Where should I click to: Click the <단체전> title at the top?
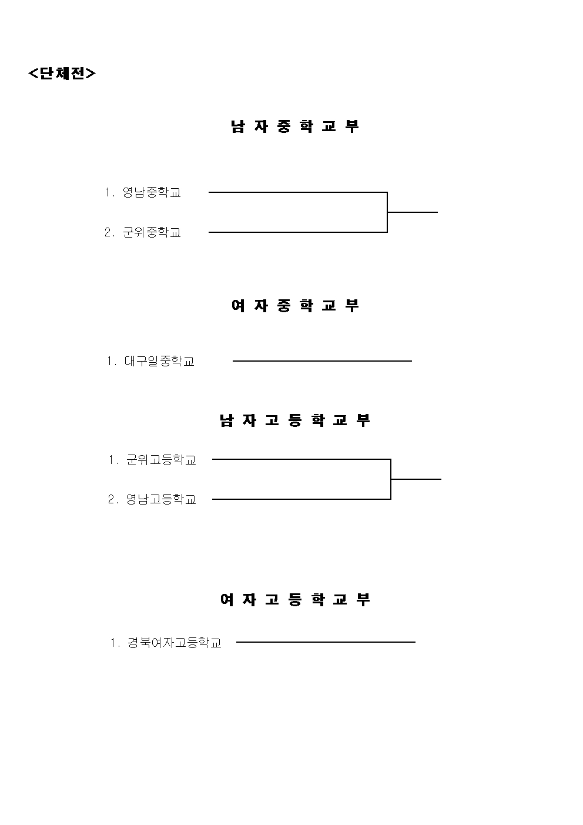pyautogui.click(x=62, y=74)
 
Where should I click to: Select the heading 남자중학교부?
pyautogui.click(x=295, y=126)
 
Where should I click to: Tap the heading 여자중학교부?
pyautogui.click(x=295, y=305)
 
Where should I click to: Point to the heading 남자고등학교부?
pyautogui.click(x=295, y=420)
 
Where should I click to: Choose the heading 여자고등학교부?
pyautogui.click(x=295, y=600)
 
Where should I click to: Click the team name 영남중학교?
pyautogui.click(x=152, y=192)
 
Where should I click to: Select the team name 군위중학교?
pyautogui.click(x=152, y=232)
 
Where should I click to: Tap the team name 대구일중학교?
pyautogui.click(x=159, y=361)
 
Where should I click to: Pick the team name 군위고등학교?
pyautogui.click(x=161, y=460)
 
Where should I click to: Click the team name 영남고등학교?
pyautogui.click(x=161, y=499)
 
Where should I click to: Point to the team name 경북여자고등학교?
pyautogui.click(x=175, y=643)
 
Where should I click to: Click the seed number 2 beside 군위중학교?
pyautogui.click(x=108, y=232)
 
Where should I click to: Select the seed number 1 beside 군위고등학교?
pyautogui.click(x=112, y=460)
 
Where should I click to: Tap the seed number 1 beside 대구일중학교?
pyautogui.click(x=110, y=361)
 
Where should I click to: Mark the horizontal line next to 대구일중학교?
pyautogui.click(x=322, y=361)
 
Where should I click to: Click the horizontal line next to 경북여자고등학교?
pyautogui.click(x=326, y=642)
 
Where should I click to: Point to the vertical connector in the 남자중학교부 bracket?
pyautogui.click(x=387, y=212)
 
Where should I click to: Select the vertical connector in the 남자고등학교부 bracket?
pyautogui.click(x=390, y=479)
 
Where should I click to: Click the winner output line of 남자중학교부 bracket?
pyautogui.click(x=413, y=212)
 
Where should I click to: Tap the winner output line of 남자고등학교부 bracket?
pyautogui.click(x=416, y=479)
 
